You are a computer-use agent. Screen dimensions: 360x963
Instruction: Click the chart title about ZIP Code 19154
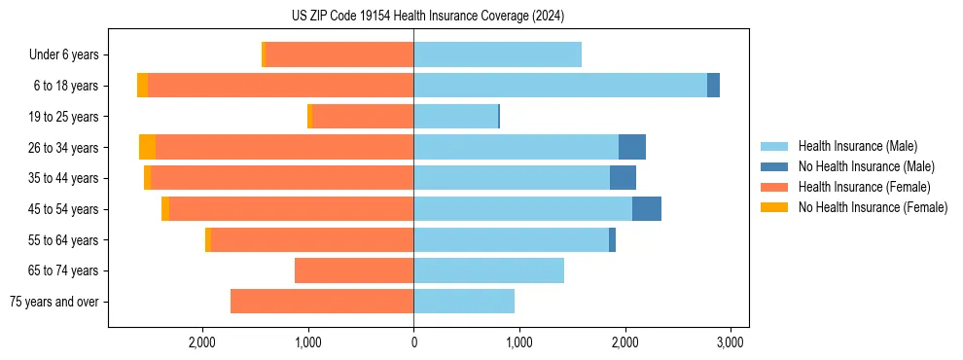click(x=427, y=16)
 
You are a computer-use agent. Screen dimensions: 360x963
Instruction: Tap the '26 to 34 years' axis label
click(x=63, y=148)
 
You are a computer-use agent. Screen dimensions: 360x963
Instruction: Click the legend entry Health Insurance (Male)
click(x=857, y=146)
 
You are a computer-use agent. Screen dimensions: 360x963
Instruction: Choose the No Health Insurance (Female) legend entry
click(x=873, y=207)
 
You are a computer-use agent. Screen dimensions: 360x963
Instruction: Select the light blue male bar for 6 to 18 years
click(x=560, y=86)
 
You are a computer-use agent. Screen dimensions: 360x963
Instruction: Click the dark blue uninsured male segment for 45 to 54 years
click(x=647, y=209)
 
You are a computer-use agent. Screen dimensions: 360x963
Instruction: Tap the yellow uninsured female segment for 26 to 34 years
click(x=147, y=147)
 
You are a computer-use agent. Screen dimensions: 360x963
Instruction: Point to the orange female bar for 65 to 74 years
click(x=354, y=270)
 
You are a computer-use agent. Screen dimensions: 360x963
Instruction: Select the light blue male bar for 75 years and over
click(x=464, y=302)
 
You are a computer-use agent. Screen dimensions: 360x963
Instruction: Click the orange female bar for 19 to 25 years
click(x=363, y=117)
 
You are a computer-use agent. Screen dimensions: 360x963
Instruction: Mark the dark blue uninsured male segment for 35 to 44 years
click(x=623, y=178)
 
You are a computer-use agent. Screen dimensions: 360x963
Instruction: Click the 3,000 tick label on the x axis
click(x=731, y=342)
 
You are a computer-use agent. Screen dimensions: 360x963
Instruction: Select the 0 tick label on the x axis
click(x=413, y=342)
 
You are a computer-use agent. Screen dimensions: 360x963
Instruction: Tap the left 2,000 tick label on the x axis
click(x=202, y=342)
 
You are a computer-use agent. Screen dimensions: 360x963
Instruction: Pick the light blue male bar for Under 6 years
click(x=497, y=54)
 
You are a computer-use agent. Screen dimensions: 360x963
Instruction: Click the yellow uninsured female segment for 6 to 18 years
click(x=142, y=86)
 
